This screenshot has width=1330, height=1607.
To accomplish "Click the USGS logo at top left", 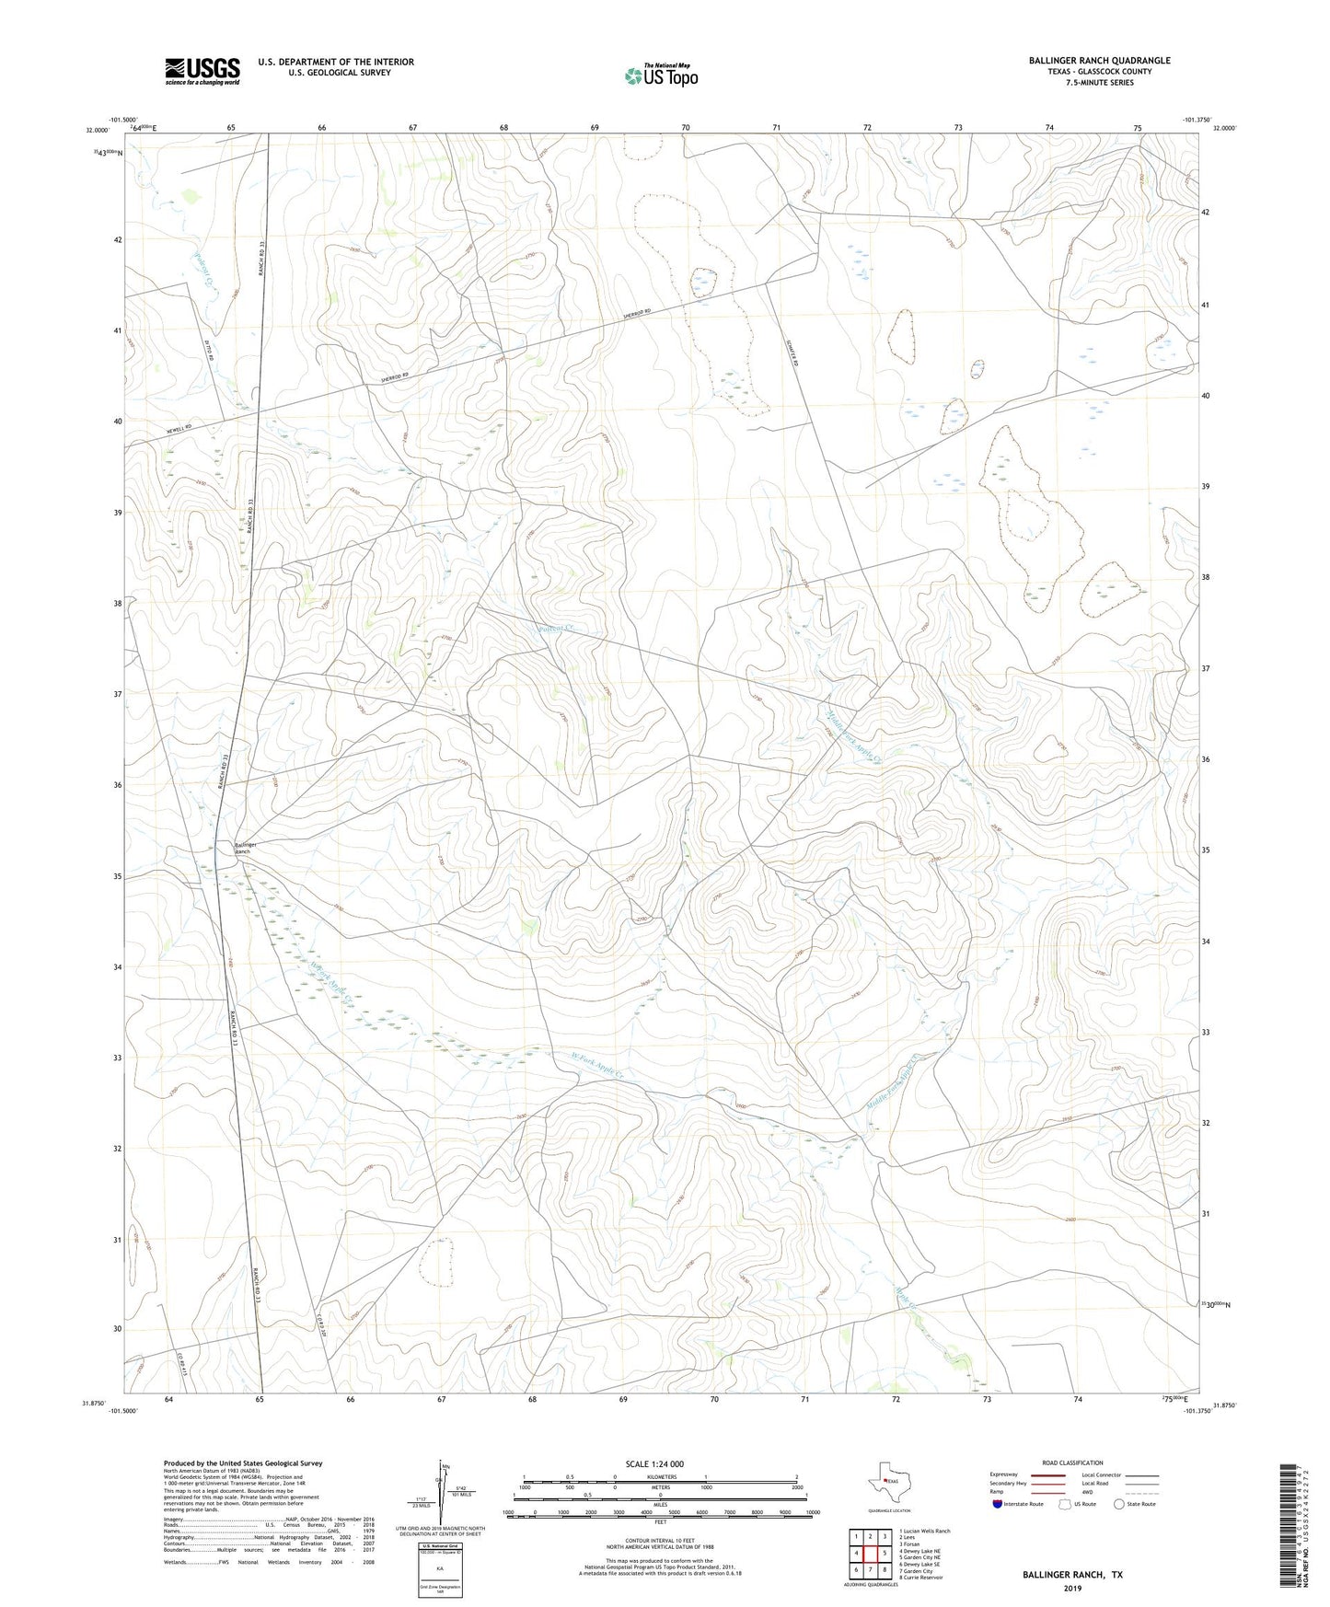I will click(202, 71).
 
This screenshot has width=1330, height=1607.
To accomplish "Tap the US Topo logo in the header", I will click(660, 75).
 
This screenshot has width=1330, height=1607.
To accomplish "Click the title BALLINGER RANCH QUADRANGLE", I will click(1099, 61).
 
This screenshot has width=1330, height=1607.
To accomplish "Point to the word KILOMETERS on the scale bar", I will click(659, 1476).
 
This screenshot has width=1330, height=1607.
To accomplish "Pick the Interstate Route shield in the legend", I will click(999, 1504).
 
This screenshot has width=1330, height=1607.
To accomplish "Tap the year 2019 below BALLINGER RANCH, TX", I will click(1072, 1588).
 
